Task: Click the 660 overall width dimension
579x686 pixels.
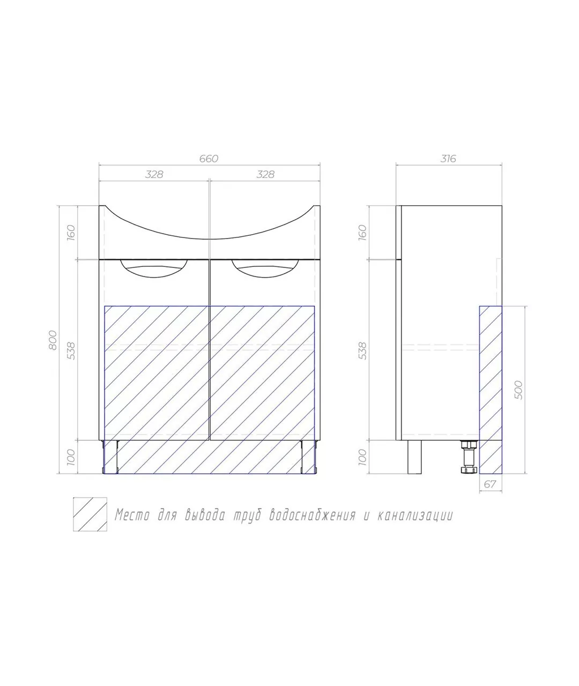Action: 209,159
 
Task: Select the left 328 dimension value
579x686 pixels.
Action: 154,175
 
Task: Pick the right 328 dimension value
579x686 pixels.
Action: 265,175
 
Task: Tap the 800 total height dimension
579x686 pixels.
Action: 53,340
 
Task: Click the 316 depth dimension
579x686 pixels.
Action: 448,159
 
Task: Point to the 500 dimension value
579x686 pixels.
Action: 518,390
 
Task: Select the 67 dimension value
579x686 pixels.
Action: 490,484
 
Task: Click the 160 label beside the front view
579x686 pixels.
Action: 71,233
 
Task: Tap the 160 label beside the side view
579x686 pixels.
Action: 362,233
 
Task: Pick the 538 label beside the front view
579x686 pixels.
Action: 71,351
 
